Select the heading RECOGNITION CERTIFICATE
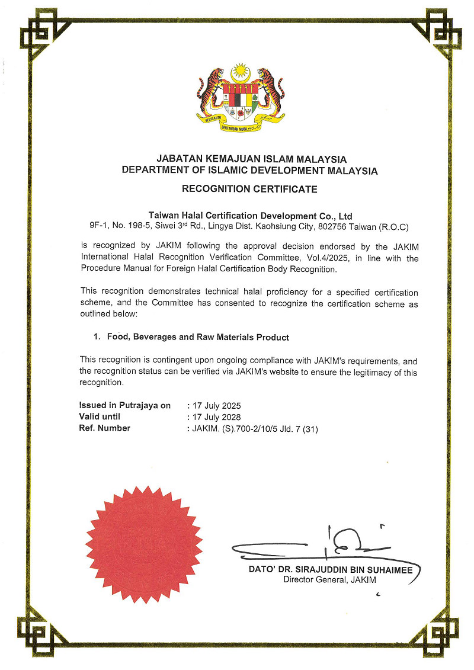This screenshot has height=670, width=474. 249,190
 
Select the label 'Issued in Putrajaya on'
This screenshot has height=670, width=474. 125,406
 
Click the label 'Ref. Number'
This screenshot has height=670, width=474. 105,428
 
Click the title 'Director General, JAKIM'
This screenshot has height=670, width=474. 329,580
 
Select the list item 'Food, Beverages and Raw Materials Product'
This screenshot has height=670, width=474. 198,337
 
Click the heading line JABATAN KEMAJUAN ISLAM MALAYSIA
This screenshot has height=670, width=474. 251,159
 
